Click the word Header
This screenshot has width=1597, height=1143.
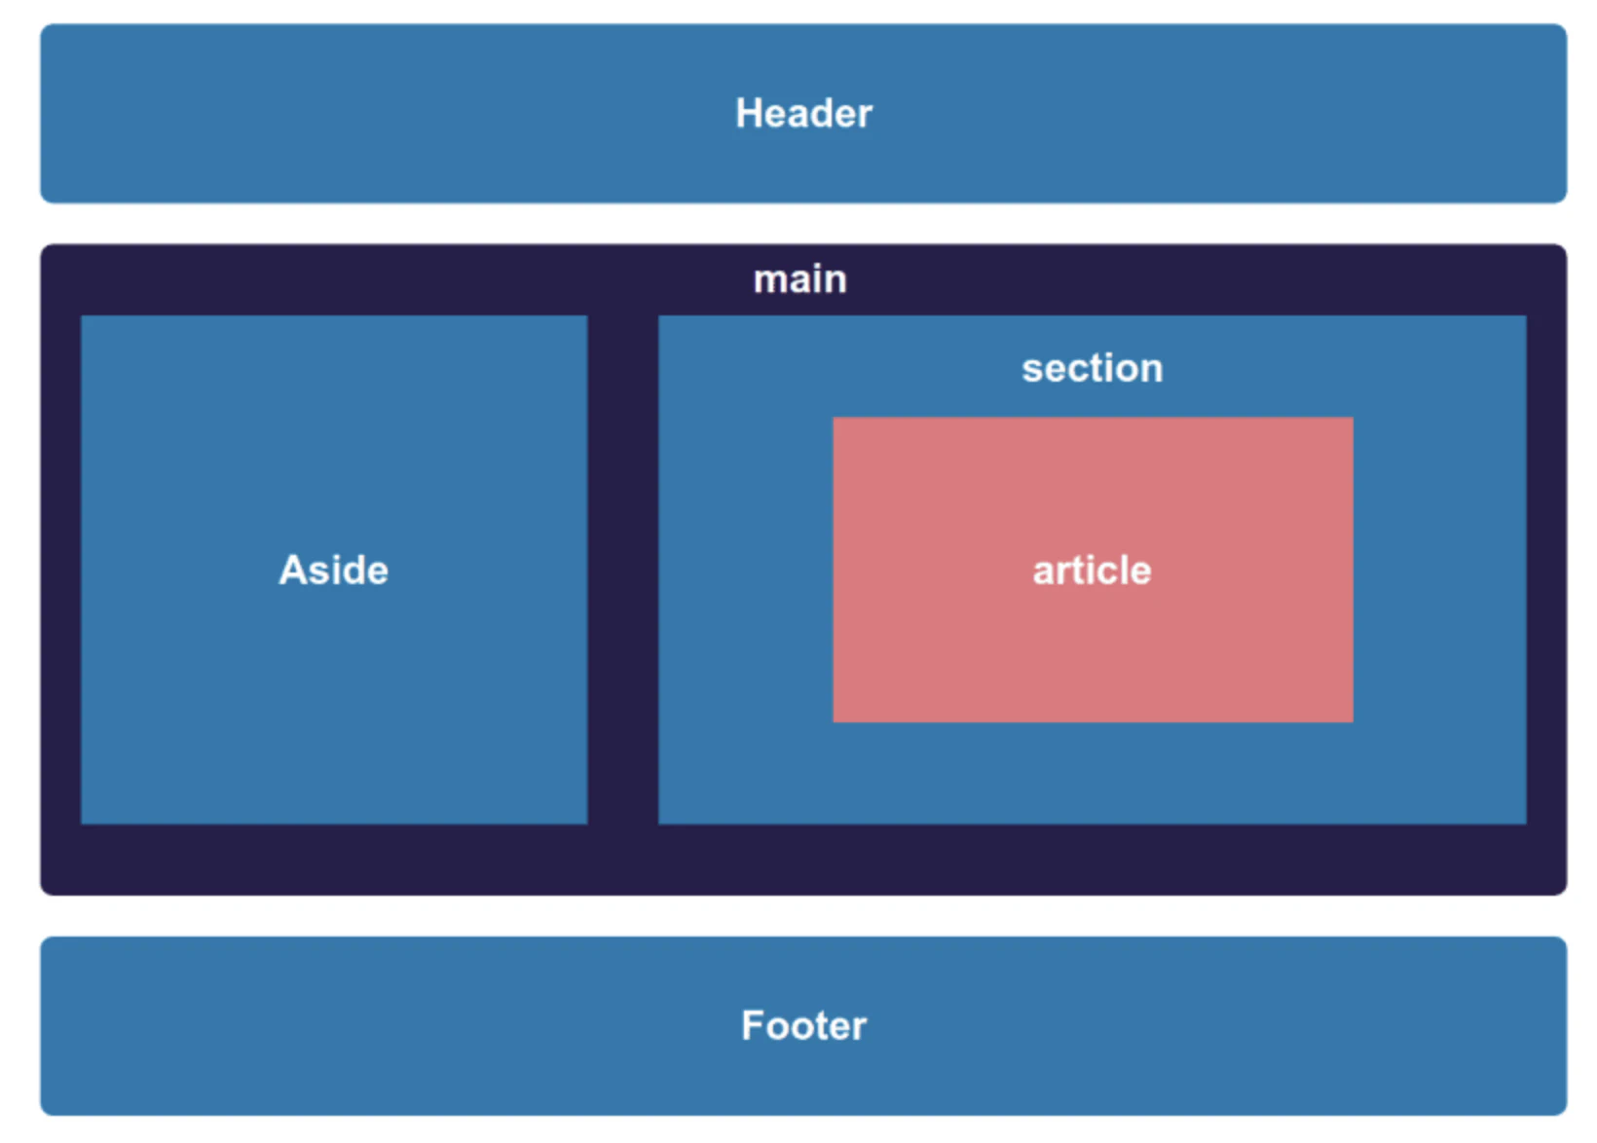coord(804,113)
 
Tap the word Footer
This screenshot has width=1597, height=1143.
coord(804,1025)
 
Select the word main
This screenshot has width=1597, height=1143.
coord(800,278)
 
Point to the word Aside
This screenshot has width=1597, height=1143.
coord(334,570)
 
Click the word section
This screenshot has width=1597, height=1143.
coord(1093,368)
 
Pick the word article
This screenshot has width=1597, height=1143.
coord(1093,571)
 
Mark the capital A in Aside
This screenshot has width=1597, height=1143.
coord(292,570)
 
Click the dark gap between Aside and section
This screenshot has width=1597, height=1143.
coord(622,570)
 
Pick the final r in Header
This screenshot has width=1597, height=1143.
coord(866,118)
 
